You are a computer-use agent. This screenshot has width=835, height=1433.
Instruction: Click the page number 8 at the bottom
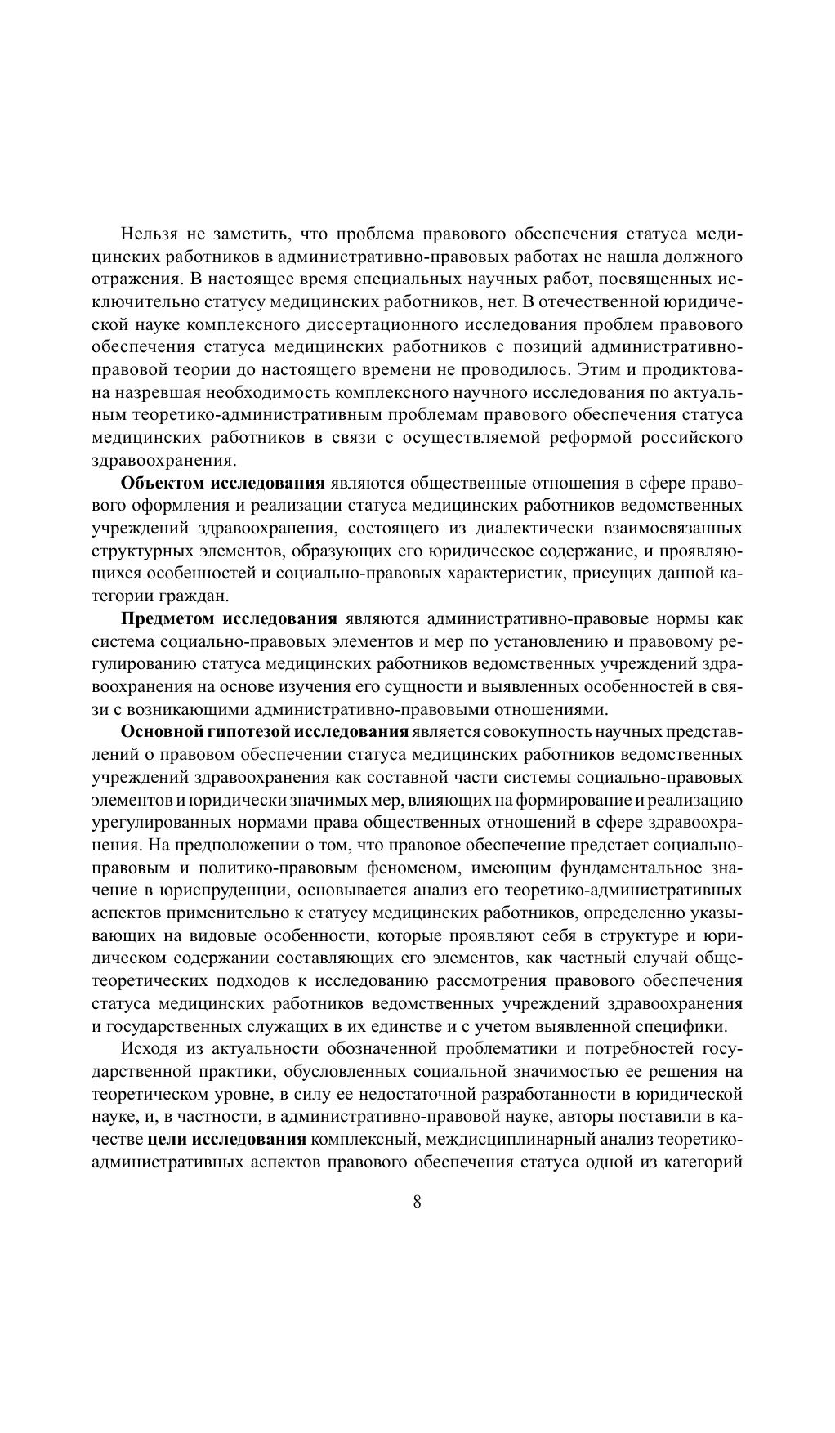(417, 1202)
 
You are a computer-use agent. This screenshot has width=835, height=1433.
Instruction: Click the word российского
(696, 437)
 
